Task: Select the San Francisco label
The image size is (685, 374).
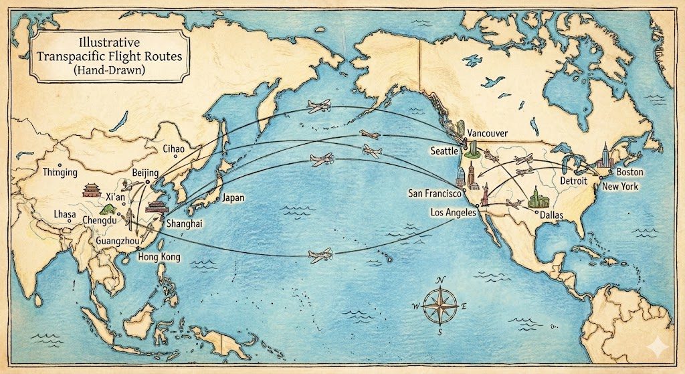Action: (x=435, y=194)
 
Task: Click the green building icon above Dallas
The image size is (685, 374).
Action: (x=536, y=196)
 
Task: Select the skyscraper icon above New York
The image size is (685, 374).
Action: (x=605, y=157)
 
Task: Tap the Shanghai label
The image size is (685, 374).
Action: (x=185, y=223)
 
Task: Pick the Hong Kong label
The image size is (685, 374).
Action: (x=159, y=257)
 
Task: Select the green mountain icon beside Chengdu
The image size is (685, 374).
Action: (x=101, y=209)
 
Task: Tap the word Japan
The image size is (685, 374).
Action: (x=233, y=198)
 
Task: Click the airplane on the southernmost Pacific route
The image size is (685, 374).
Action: (x=320, y=254)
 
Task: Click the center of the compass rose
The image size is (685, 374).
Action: (x=439, y=306)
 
